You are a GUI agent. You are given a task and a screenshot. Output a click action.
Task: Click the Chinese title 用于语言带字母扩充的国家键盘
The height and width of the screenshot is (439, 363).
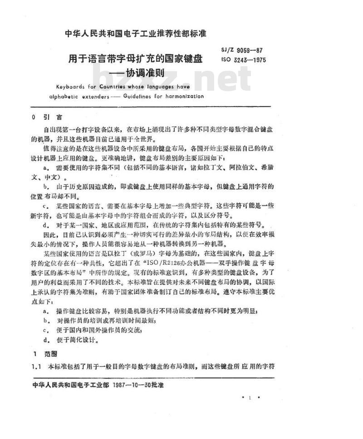coord(135,59)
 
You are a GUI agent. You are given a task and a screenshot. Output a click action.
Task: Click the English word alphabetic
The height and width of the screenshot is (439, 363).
coord(64,96)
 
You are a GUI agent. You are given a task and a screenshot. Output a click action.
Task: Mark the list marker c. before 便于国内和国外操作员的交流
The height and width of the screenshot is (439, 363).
coord(46,331)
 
